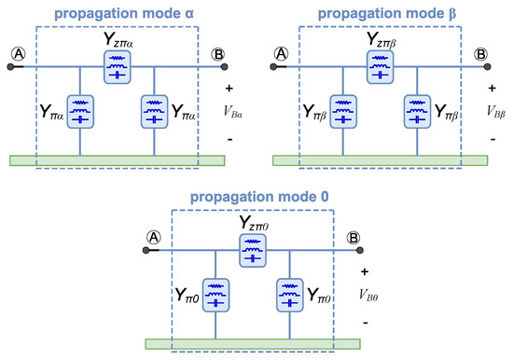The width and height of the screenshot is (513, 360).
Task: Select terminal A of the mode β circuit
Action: [277, 53]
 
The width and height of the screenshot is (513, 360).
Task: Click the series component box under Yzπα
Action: [118, 66]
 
